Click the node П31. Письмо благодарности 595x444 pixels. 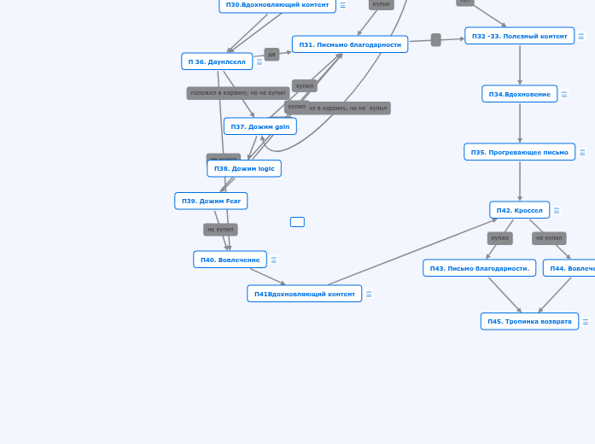pyautogui.click(x=350, y=44)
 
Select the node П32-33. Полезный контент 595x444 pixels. pyautogui.click(x=519, y=36)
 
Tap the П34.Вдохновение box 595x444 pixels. pyautogui.click(x=519, y=94)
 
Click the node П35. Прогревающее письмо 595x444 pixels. pyautogui.click(x=519, y=152)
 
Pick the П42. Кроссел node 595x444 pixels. pyautogui.click(x=519, y=210)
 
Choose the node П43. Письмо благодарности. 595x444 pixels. pyautogui.click(x=479, y=268)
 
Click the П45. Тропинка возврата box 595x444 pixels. pyautogui.click(x=529, y=321)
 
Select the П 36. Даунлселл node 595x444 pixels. pyautogui.click(x=217, y=61)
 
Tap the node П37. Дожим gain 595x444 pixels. pyautogui.click(x=260, y=126)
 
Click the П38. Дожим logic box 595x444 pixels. pyautogui.click(x=244, y=168)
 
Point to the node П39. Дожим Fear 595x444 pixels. pyautogui.click(x=211, y=201)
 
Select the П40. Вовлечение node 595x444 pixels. pyautogui.click(x=230, y=260)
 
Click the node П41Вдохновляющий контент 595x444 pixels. pyautogui.click(x=304, y=294)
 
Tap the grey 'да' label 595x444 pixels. pyautogui.click(x=271, y=55)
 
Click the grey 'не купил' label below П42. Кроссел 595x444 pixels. pyautogui.click(x=549, y=238)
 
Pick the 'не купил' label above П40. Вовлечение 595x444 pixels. pyautogui.click(x=220, y=230)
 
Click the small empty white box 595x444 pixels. pyautogui.click(x=297, y=222)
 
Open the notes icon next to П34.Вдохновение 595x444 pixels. pyautogui.click(x=564, y=94)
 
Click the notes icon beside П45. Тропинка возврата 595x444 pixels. pyautogui.click(x=586, y=322)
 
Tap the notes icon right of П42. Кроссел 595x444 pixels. pyautogui.click(x=557, y=210)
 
